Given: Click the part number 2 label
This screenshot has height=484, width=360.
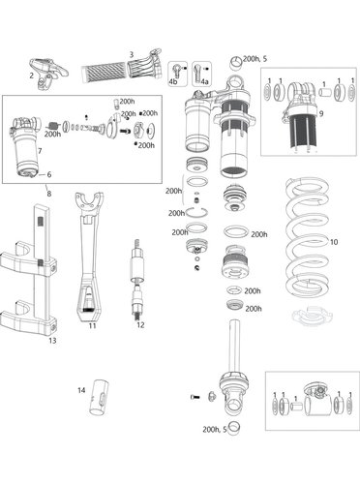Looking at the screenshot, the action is coord(31,76).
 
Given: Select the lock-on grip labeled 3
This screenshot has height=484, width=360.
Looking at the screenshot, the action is coord(122,67).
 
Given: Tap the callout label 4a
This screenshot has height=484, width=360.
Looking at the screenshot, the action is coord(204,82).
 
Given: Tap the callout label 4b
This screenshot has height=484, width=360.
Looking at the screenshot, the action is coord(173,82).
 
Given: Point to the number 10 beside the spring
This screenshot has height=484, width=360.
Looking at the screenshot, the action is coord(334,242).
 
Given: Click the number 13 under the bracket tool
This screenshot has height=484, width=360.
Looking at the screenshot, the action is coord(52,341).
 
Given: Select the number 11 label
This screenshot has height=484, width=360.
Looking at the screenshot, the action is coord(93,326).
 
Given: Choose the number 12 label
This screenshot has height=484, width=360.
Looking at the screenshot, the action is coord(140,325).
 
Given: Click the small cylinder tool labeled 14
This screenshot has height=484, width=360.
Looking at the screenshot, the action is coord(99,398).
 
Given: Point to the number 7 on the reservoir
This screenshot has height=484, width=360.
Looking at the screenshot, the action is coord(40,151).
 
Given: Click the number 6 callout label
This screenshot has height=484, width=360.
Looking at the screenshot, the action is coord(49,174).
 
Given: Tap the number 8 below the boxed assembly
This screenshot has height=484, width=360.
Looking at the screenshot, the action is coord(49,194).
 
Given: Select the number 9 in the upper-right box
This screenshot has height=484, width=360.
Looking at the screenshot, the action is coord(321,113).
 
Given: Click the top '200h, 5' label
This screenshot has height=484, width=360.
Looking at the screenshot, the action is coord(255,59).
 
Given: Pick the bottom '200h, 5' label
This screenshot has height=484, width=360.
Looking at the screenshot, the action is coord(215,430).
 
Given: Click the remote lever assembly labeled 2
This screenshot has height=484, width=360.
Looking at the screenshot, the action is coord(49,74).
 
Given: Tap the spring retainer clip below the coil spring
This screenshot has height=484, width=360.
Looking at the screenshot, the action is coord(312,317).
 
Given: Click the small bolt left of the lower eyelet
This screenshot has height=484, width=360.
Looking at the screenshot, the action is coord(195,397).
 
